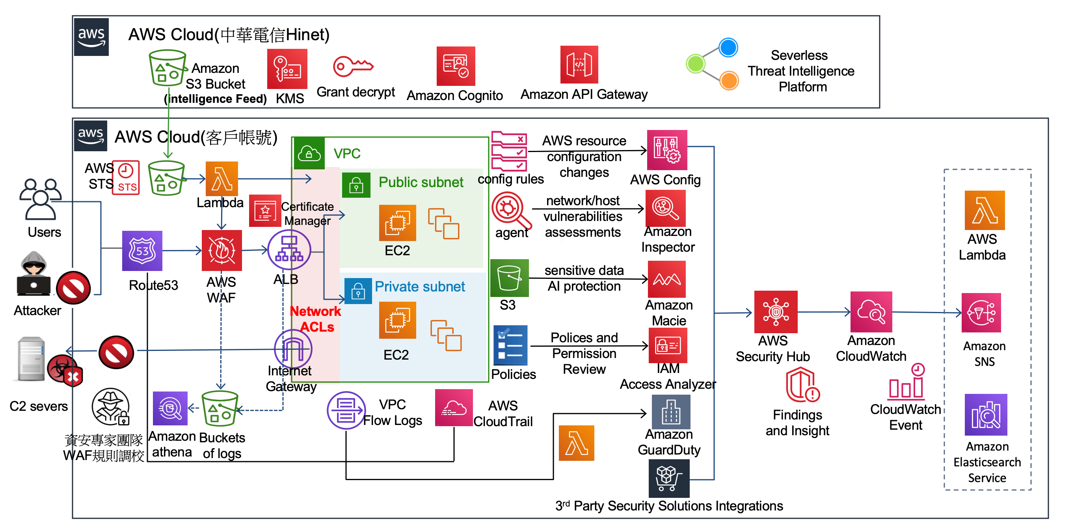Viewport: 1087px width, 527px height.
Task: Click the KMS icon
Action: [x=287, y=69]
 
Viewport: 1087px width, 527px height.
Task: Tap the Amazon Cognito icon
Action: [x=455, y=66]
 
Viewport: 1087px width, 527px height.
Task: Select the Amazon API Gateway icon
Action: [x=579, y=65]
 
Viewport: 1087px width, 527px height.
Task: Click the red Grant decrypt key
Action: [x=353, y=66]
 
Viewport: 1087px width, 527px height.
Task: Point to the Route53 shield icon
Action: [x=142, y=251]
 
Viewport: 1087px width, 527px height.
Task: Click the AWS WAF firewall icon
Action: [x=221, y=251]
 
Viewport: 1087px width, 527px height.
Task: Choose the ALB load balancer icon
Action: [x=289, y=250]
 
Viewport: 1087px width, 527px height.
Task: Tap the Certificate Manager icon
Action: [x=264, y=210]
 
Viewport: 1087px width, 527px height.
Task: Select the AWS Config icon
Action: [x=667, y=150]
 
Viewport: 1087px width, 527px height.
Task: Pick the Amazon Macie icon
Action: [x=666, y=279]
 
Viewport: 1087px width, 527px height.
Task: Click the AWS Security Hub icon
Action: [x=776, y=312]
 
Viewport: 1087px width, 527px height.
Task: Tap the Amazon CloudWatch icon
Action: [x=871, y=312]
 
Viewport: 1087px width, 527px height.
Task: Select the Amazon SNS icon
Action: [x=981, y=313]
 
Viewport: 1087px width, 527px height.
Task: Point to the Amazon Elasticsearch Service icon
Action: [x=986, y=415]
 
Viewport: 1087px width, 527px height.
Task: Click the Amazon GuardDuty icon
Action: [x=670, y=412]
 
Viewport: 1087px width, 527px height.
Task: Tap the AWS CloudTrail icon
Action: [x=454, y=408]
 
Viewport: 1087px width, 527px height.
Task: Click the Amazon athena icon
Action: [x=170, y=408]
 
